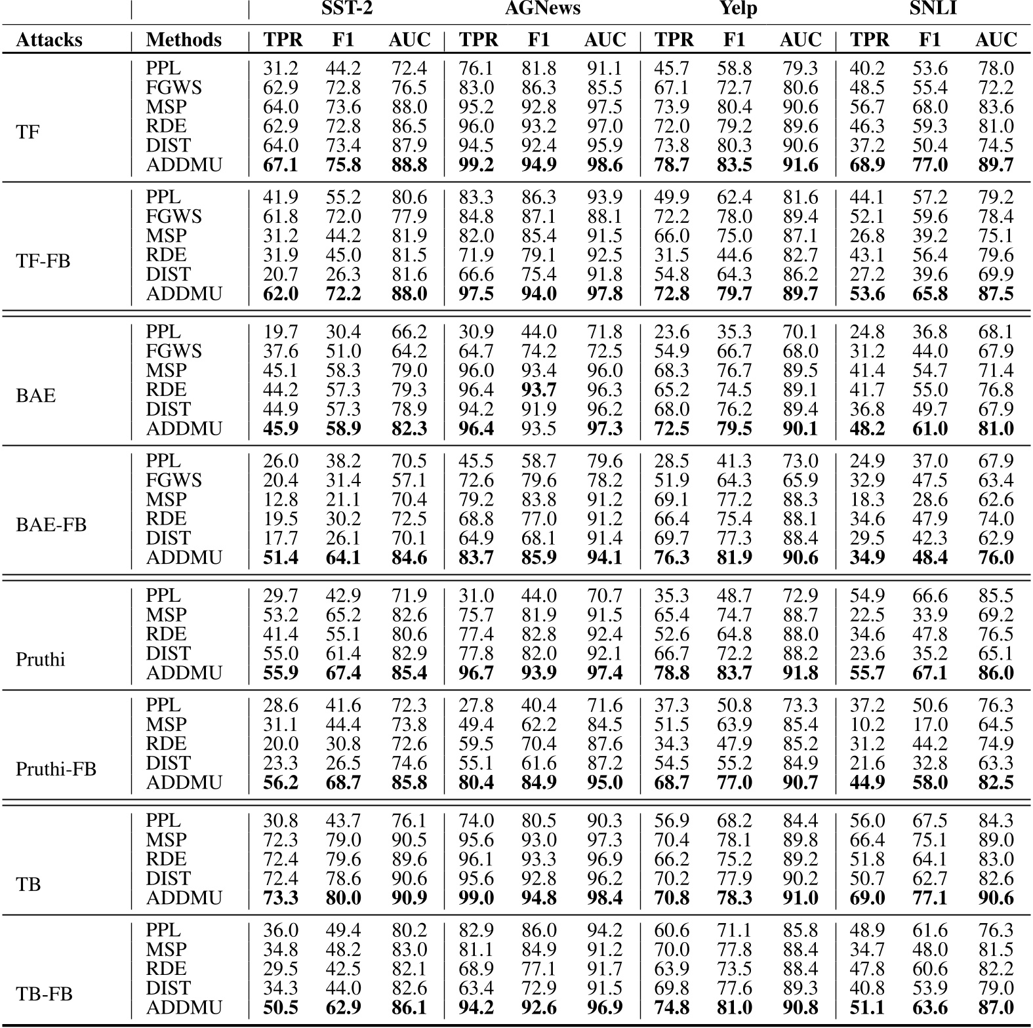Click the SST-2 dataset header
347,9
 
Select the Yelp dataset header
738,9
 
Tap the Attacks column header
49,40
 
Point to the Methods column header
184,40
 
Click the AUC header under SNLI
996,40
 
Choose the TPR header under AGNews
478,40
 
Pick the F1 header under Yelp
734,40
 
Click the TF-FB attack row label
43,261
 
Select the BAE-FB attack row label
51,524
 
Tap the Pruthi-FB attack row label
56,768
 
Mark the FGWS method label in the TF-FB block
174,216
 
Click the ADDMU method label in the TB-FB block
184,1007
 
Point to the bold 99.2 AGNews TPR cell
476,165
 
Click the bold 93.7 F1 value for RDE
538,390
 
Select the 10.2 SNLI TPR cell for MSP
867,724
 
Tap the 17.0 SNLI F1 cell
929,724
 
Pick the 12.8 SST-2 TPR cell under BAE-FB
281,500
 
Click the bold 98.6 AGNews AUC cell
604,165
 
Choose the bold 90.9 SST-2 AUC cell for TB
409,898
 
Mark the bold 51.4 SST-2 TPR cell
281,557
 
